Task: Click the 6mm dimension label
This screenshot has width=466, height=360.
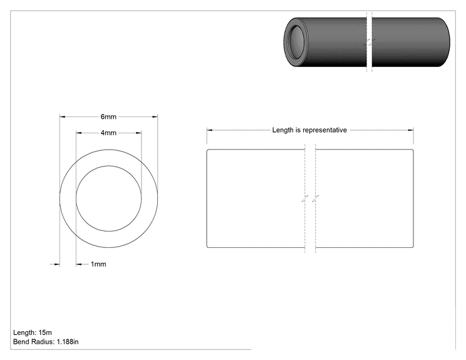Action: click(x=108, y=116)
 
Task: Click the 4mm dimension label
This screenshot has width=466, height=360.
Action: click(x=108, y=133)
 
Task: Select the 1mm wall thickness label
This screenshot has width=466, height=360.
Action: click(x=98, y=264)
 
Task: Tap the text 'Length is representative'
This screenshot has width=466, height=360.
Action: click(x=309, y=130)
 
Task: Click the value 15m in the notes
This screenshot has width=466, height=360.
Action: click(x=45, y=332)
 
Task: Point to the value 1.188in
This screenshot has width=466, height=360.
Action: click(x=68, y=342)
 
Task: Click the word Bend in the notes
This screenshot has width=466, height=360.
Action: click(x=21, y=342)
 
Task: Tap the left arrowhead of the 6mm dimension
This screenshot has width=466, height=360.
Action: click(x=63, y=116)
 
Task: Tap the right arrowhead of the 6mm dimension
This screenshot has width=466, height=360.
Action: click(x=155, y=116)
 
